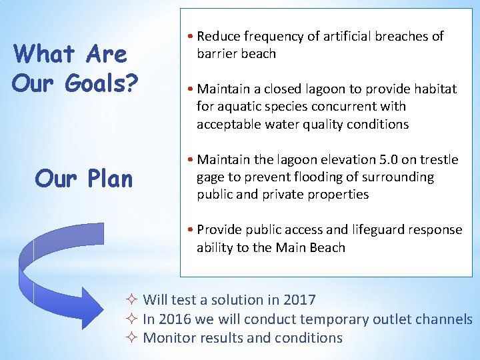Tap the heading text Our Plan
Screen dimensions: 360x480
tap(83, 178)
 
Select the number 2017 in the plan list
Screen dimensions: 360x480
tap(299, 301)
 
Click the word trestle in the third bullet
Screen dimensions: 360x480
tap(437, 159)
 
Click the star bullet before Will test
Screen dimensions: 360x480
tap(132, 301)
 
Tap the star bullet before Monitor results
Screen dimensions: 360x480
tap(132, 338)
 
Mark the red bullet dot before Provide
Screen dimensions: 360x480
tap(191, 230)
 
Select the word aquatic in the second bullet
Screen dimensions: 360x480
tap(243, 107)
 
